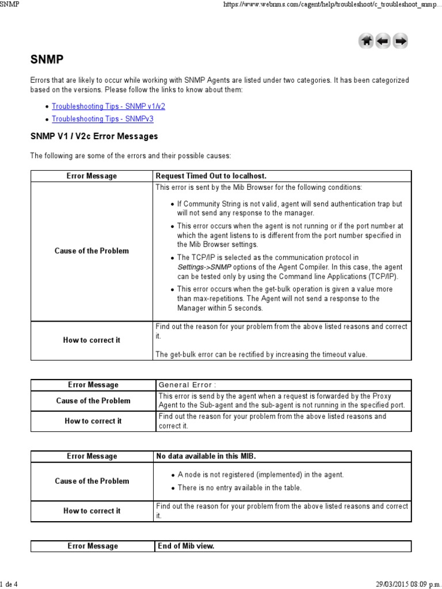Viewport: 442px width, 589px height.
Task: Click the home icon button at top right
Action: coord(366,41)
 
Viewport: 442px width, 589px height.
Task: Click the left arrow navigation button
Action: coord(383,41)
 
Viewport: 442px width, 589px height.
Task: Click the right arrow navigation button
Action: coord(401,41)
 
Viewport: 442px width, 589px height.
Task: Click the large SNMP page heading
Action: coord(47,60)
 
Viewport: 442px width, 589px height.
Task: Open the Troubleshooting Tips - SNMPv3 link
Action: coord(102,119)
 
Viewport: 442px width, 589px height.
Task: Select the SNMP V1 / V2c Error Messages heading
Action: coord(94,137)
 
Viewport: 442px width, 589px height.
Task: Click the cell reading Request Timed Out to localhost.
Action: coord(212,175)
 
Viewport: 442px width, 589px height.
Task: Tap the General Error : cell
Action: coord(188,385)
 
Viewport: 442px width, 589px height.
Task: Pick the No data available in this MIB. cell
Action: coord(206,456)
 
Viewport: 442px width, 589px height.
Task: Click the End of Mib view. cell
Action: coord(185,546)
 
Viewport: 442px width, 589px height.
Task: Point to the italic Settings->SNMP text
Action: coord(200,267)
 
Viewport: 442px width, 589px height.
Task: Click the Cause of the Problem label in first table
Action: coord(92,251)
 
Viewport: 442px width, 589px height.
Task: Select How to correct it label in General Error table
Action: coord(93,421)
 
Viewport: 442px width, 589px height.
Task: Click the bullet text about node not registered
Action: coord(260,475)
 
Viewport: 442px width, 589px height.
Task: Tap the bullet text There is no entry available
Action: coord(239,488)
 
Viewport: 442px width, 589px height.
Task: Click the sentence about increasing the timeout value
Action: coord(261,354)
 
